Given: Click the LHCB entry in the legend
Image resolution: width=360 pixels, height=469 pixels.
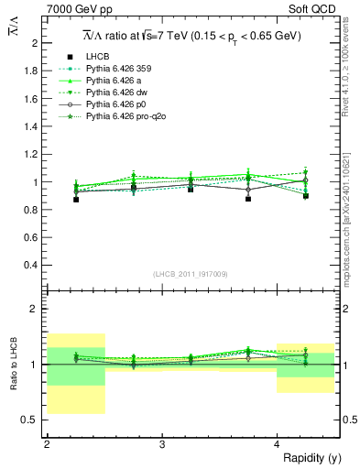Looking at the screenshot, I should click(98, 57).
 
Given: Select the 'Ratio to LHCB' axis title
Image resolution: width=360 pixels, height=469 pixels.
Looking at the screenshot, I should click(16, 365).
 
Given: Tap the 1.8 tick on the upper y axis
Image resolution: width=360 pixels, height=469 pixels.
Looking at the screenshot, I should click(31, 71).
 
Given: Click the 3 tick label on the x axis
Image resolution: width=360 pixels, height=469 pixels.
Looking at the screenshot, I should click(162, 444).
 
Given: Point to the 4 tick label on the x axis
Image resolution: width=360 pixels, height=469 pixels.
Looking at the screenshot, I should click(278, 444).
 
